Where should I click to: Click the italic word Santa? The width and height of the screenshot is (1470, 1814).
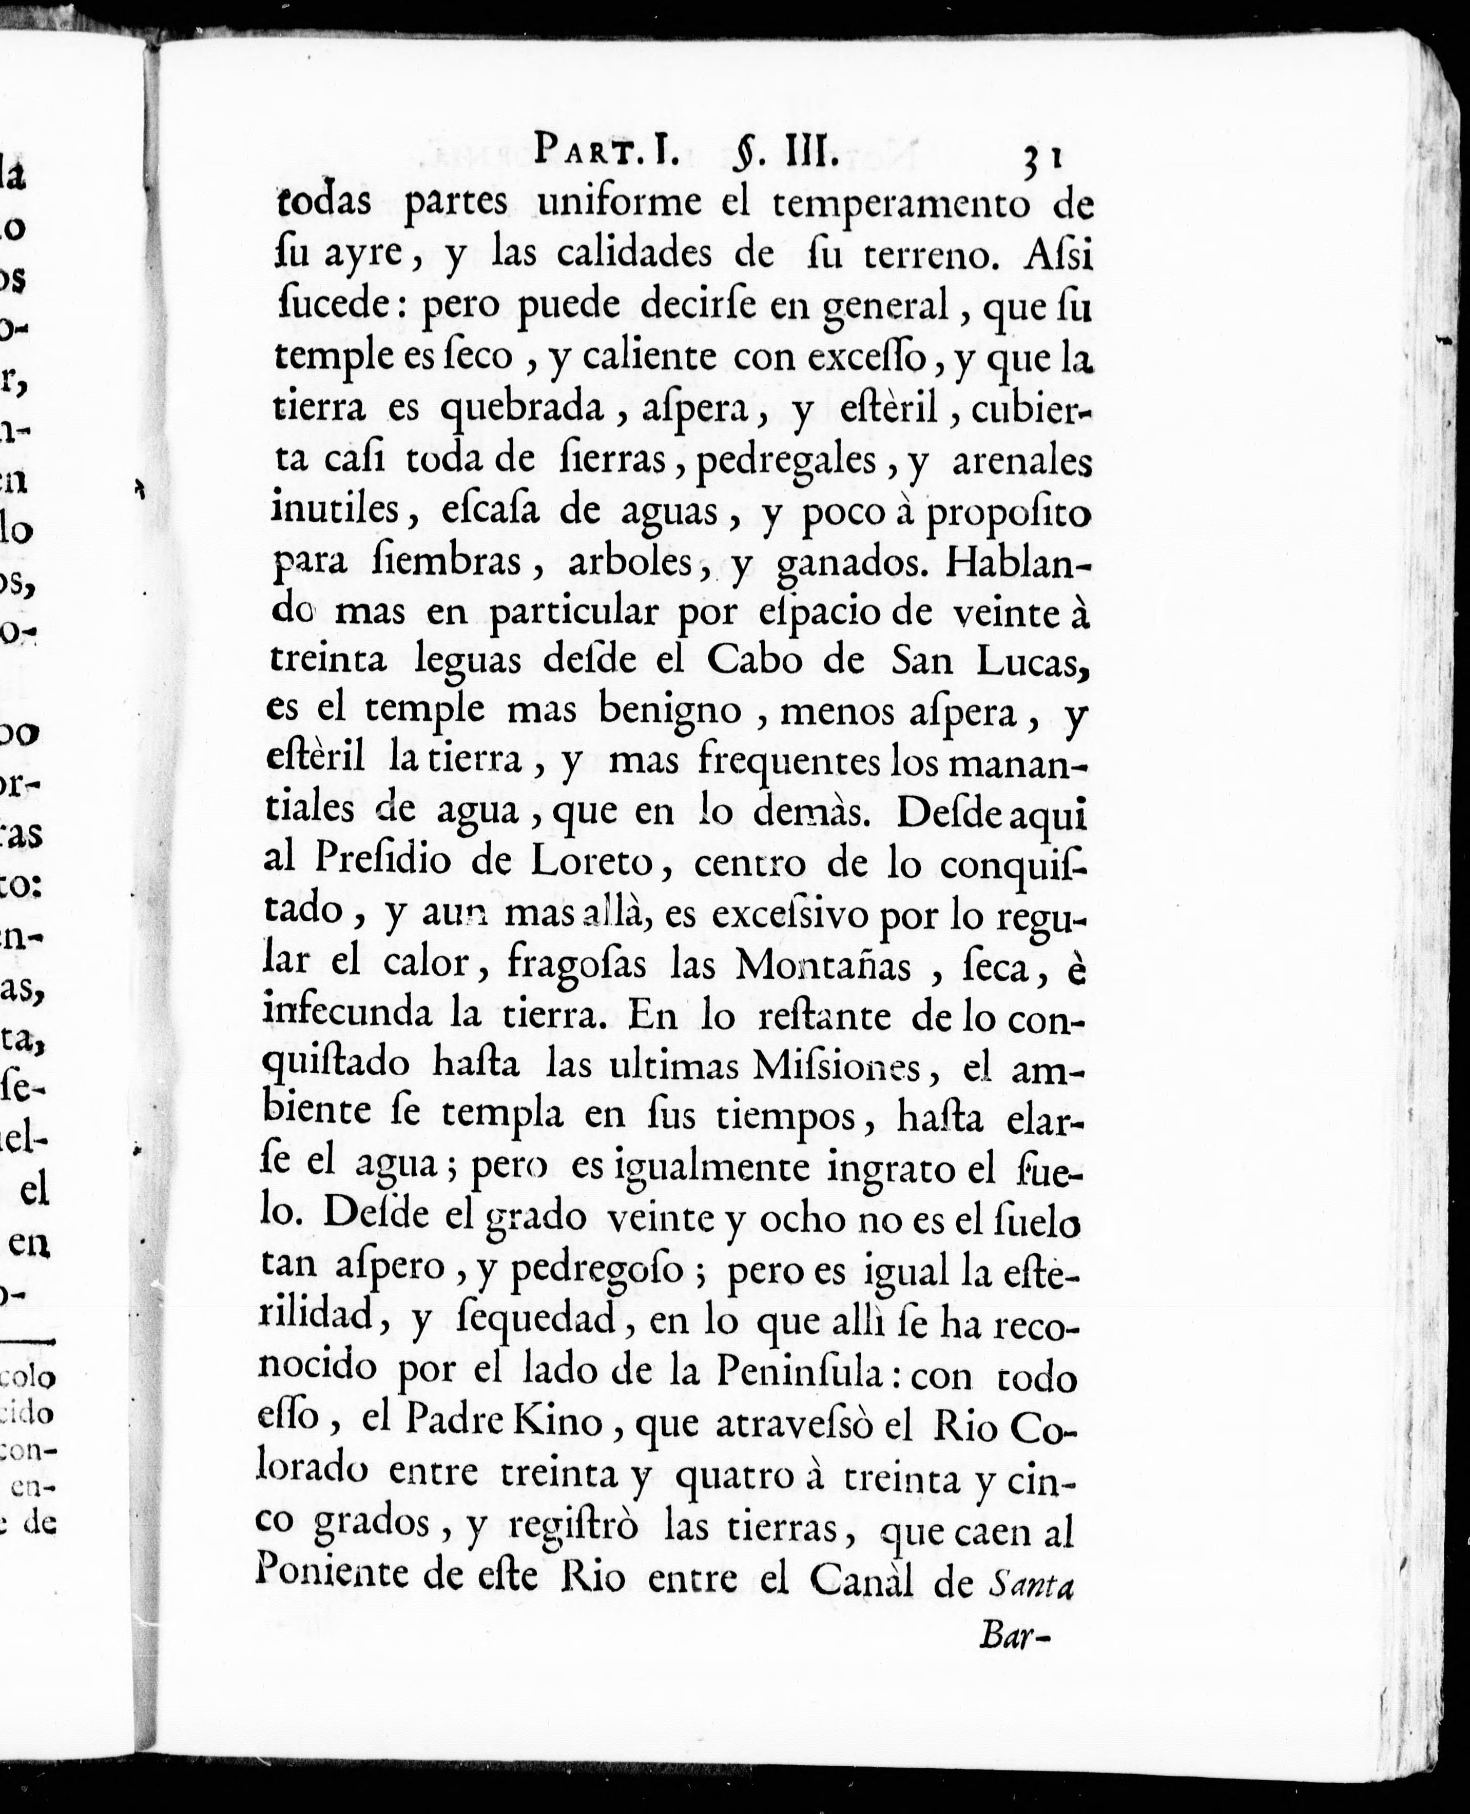(x=1030, y=1580)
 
